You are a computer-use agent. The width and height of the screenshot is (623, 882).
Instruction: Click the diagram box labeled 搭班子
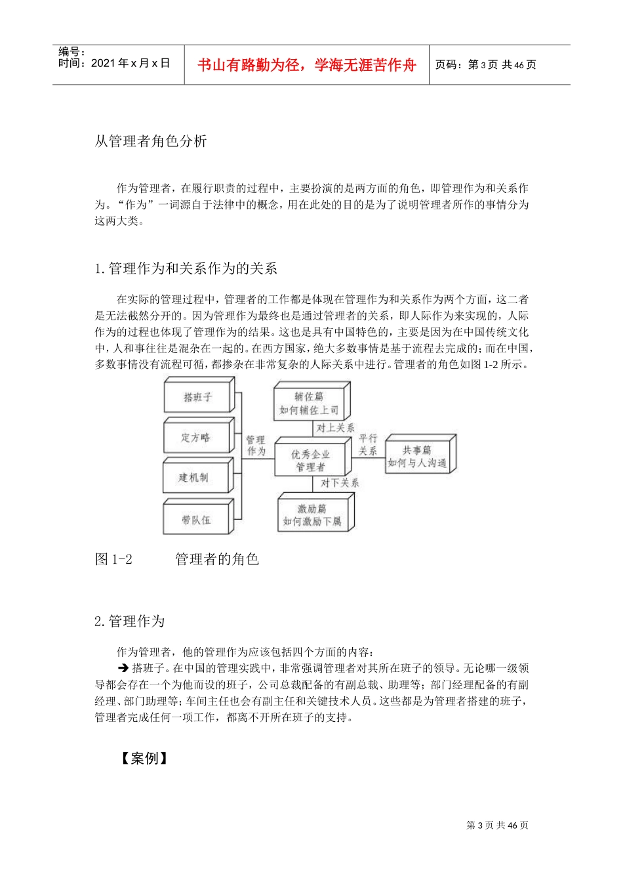pos(197,398)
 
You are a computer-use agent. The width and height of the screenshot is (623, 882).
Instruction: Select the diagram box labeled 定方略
pos(196,438)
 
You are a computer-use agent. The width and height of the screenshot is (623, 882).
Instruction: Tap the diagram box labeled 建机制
pos(195,478)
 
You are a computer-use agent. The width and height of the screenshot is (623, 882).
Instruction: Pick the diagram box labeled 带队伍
pos(196,520)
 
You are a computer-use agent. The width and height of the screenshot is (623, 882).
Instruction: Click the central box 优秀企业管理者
pos(311,460)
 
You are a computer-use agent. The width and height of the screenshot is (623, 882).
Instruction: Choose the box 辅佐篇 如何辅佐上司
pos(310,403)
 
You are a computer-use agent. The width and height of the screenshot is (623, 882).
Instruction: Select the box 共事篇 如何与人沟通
pos(417,456)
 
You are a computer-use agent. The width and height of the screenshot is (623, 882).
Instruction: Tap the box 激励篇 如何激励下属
pos(312,515)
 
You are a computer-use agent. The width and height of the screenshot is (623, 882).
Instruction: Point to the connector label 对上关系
pos(335,428)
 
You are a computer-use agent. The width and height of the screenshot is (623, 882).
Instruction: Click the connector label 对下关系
pos(339,484)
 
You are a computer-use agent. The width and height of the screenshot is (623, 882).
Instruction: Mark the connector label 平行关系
pos(368,444)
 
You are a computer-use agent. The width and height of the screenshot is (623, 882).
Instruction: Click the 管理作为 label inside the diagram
pos(256,445)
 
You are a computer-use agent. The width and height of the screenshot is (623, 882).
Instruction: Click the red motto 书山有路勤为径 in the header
pos(307,65)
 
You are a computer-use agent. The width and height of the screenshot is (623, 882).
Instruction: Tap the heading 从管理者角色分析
pos(151,141)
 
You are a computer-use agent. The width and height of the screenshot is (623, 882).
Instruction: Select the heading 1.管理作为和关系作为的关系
pos(186,268)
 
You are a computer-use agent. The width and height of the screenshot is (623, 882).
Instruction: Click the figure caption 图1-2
pos(114,559)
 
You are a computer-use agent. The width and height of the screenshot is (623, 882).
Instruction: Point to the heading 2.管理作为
pos(130,621)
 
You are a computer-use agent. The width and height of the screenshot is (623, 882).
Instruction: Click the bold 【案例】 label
pos(144,759)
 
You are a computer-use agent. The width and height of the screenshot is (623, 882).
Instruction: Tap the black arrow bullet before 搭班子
pos(123,669)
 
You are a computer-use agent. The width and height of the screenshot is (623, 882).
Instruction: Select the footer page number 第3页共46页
pos(497,825)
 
